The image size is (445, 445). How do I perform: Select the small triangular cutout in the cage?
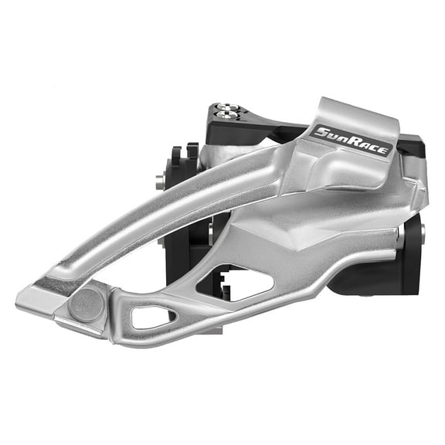154,315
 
